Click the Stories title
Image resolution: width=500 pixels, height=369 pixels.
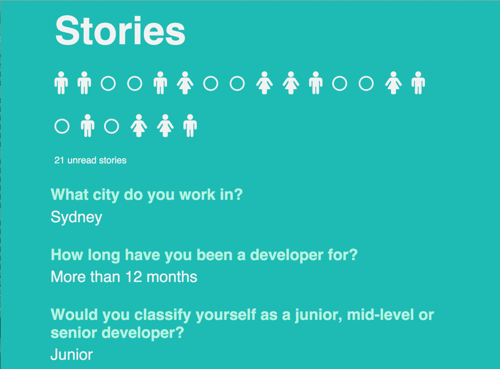[x=120, y=31]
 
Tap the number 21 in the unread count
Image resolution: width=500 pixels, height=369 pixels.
[x=59, y=160]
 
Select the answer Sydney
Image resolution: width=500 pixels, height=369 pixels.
[x=76, y=217]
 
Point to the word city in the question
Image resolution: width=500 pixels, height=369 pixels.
[x=106, y=195]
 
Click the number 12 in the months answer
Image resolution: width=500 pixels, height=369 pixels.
[x=134, y=277]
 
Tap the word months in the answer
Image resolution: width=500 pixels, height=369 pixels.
[x=172, y=277]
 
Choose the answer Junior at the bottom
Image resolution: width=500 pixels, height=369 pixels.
[x=72, y=355]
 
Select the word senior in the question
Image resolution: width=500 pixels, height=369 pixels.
[x=73, y=333]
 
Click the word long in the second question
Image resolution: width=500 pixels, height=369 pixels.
[x=104, y=255]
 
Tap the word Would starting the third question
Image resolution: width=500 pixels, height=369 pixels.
[x=74, y=315]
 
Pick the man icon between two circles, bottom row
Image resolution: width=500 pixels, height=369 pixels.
[x=88, y=125]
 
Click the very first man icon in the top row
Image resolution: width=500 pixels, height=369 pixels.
[x=61, y=83]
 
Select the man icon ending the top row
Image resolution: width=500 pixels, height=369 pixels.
[x=418, y=83]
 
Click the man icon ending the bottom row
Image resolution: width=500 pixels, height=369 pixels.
[x=190, y=125]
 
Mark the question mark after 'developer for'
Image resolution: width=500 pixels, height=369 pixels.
[x=353, y=255]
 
